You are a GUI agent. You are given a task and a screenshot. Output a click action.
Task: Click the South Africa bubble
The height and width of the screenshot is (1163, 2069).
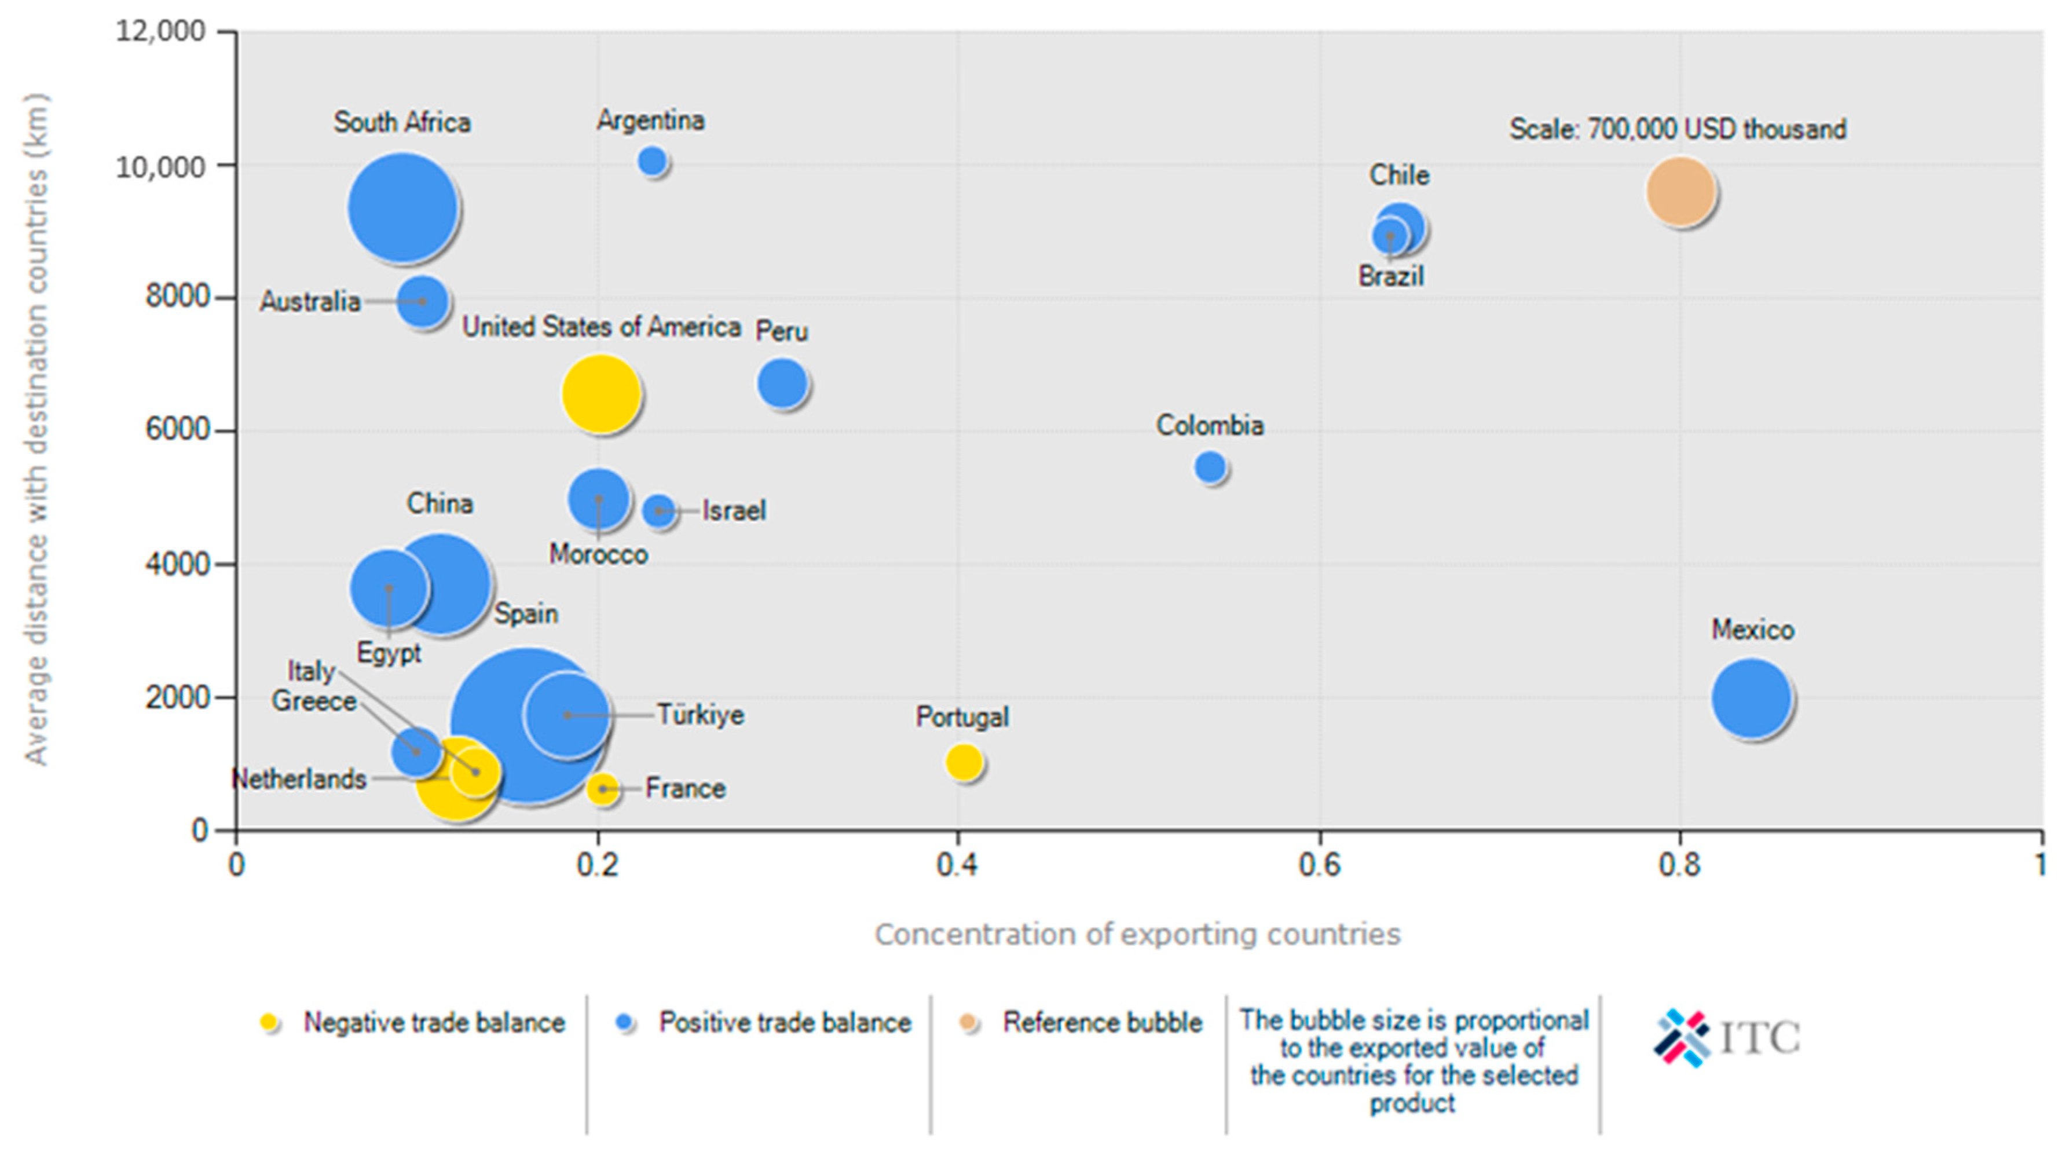402,207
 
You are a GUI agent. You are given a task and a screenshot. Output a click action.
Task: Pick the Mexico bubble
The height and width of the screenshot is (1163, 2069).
1751,698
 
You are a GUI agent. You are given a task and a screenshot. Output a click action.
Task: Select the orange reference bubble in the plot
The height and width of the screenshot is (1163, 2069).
1680,191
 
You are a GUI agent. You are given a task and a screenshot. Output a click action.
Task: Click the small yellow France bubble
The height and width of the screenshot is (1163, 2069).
602,789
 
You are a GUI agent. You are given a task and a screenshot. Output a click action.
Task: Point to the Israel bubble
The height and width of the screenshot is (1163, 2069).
658,510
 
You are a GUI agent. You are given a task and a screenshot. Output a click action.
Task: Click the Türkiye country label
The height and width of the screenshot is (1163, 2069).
700,714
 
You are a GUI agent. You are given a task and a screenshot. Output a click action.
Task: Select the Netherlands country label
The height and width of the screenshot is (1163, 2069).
299,778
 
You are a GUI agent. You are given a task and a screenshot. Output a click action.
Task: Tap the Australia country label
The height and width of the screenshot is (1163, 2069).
310,301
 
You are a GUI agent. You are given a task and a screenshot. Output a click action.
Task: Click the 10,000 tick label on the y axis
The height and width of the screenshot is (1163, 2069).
160,166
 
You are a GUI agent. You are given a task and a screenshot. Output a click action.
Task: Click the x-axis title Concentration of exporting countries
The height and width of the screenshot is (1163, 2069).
1137,934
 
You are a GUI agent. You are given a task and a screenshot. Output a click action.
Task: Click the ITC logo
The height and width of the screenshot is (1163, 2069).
1727,1038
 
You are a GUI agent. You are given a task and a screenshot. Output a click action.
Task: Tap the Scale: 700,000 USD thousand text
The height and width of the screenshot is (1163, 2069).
1678,129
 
